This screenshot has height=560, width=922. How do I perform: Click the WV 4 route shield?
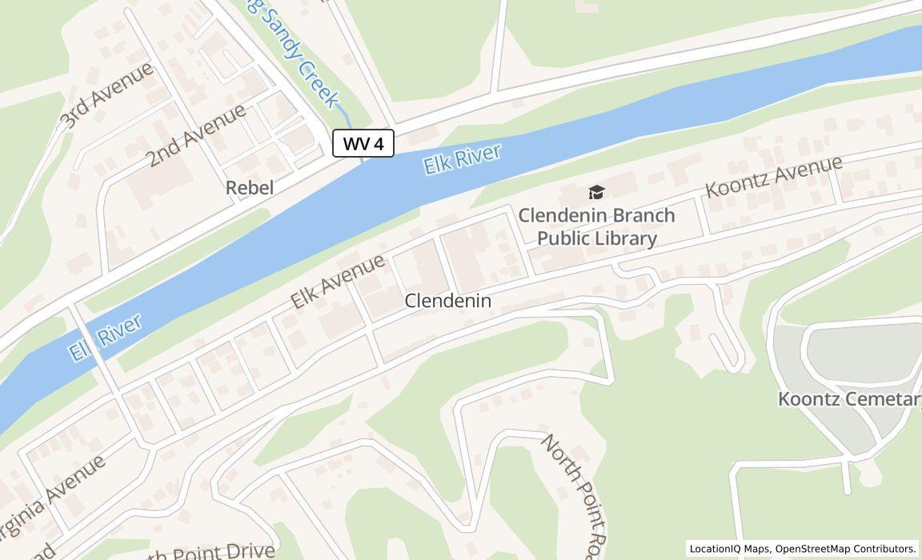[x=363, y=144]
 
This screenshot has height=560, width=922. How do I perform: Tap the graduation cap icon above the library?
[x=596, y=192]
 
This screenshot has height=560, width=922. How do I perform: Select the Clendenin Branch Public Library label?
[x=596, y=226]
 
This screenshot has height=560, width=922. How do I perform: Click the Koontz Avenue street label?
[x=773, y=177]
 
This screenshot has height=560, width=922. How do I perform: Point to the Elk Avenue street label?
[x=337, y=282]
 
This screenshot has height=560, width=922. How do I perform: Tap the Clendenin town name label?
[x=447, y=301]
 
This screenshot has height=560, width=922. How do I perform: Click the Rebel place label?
[x=250, y=188]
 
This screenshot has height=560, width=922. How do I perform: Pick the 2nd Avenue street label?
[x=195, y=136]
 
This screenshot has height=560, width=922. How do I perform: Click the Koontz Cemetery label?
[x=849, y=399]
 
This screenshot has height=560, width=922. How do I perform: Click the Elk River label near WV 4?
[x=462, y=159]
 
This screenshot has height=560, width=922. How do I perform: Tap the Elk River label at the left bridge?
[x=105, y=337]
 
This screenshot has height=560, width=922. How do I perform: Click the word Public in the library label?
[x=567, y=238]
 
